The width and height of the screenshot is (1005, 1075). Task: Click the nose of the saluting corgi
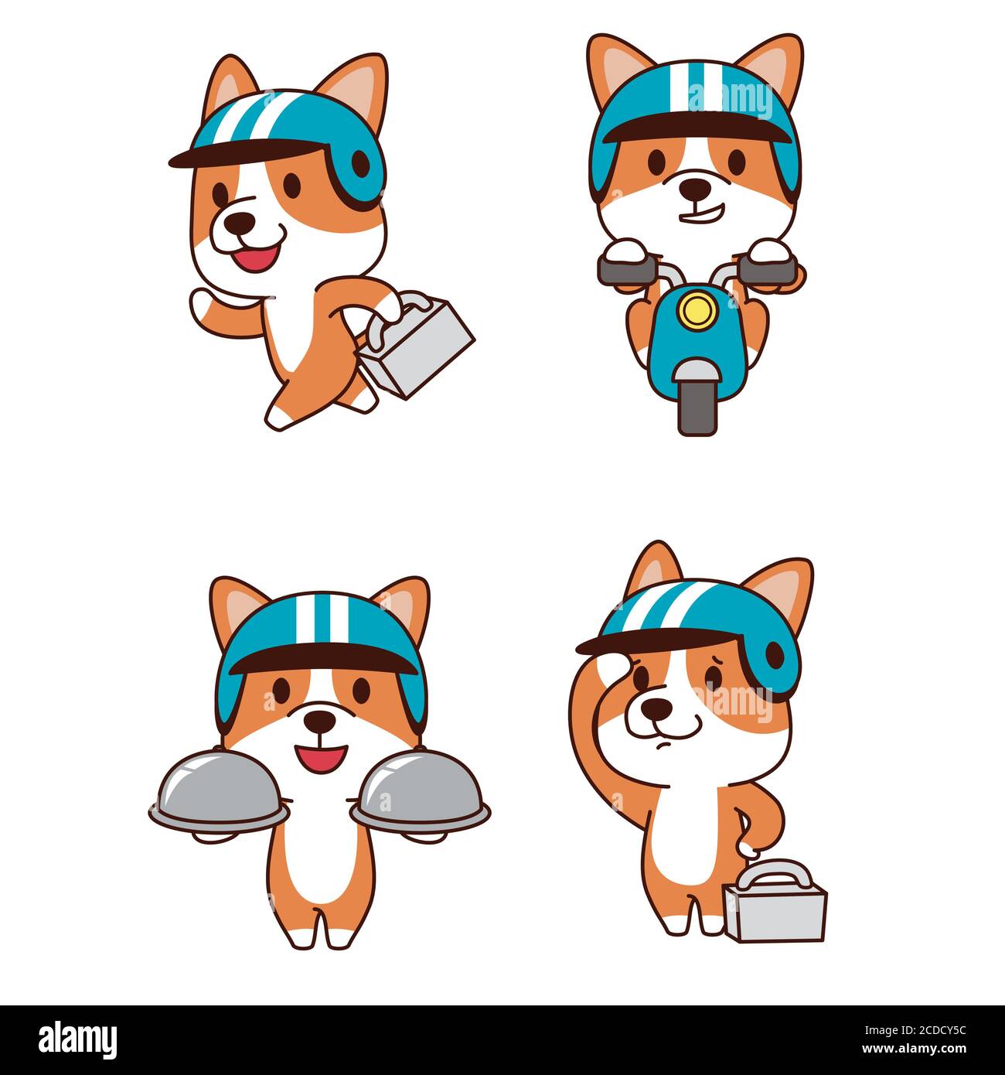pos(657,706)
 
